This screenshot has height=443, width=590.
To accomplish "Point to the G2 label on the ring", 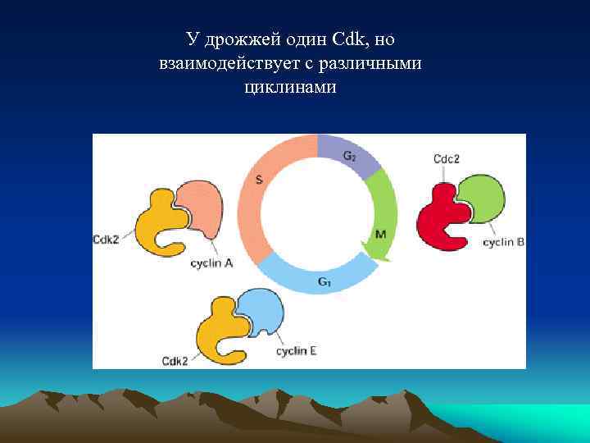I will (x=349, y=155).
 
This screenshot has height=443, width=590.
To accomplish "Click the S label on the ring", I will (x=260, y=180).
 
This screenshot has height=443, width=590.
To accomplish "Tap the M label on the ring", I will (x=380, y=234).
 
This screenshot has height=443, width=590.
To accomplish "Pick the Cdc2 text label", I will (x=445, y=158).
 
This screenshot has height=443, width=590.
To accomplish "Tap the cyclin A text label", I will (x=211, y=263).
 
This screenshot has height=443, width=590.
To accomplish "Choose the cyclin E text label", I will (x=296, y=351).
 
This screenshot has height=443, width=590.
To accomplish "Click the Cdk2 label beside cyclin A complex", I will (x=107, y=240).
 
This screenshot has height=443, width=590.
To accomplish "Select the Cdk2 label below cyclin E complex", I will (x=175, y=360).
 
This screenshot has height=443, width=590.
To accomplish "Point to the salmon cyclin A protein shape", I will (x=201, y=205).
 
